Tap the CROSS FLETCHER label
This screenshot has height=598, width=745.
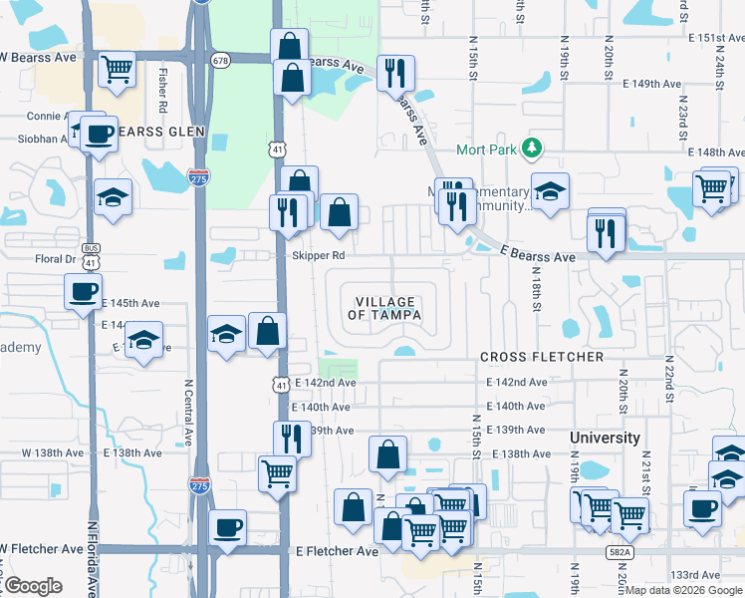coord(542,357)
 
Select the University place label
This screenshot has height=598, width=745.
coord(605,438)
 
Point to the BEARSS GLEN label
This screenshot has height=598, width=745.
coord(160,132)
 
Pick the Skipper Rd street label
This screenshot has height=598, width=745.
coord(319,256)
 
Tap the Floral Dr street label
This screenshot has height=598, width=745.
coord(57,259)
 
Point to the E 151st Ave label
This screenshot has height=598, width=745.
coord(716,38)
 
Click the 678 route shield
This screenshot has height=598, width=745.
coord(220,60)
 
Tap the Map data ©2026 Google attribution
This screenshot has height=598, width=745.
coord(683,590)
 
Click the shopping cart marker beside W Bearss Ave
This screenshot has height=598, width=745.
coord(118,69)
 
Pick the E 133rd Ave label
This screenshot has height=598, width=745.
coord(695,575)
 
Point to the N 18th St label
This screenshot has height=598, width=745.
coord(536,288)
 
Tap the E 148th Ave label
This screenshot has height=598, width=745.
coord(716,152)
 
